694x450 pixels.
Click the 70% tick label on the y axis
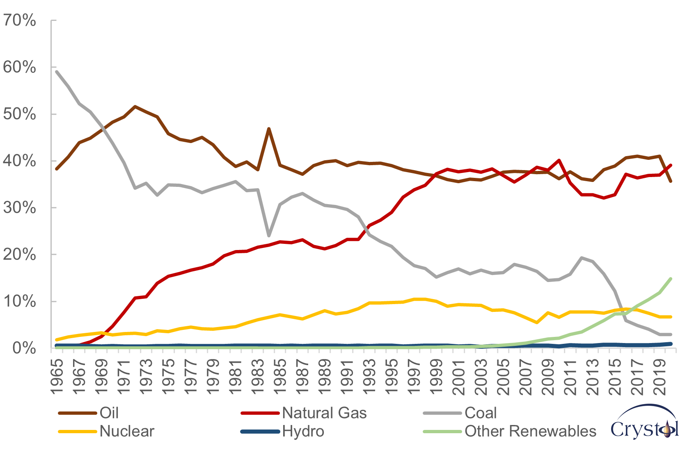pos(19,20)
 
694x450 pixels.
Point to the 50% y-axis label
pos(19,114)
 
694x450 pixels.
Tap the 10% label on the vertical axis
pos(19,302)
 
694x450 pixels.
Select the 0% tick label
pos(24,348)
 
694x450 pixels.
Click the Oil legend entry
pos(109,413)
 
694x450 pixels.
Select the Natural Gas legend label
pos(324,413)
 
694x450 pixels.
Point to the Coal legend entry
pos(481,413)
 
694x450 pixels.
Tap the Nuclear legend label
pos(127,431)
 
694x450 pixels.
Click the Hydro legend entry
pos(303,431)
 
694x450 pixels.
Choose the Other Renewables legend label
pos(530,431)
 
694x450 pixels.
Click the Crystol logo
pos(645,422)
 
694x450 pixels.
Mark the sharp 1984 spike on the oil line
pos(269,129)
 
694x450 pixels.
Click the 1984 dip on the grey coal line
pos(269,236)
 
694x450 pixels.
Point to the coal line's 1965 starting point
pos(57,72)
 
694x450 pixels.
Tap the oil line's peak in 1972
pos(135,107)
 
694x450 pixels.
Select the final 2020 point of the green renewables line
pos(671,279)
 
